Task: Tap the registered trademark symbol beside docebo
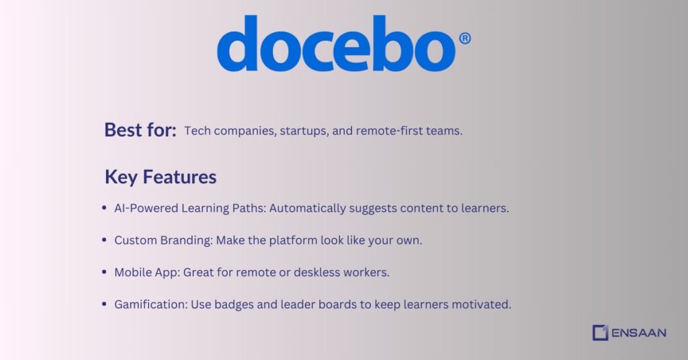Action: (464, 39)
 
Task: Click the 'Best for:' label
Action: (140, 130)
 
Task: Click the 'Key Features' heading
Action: (160, 177)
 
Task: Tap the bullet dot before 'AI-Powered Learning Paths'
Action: (104, 208)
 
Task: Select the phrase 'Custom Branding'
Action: (162, 240)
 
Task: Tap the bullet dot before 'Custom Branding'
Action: (104, 240)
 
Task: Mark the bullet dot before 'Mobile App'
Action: (104, 272)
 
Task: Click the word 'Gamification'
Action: (150, 305)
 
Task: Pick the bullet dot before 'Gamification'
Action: (104, 304)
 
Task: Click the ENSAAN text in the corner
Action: (639, 332)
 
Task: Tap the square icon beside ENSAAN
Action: (600, 332)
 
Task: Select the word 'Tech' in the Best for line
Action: (196, 131)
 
